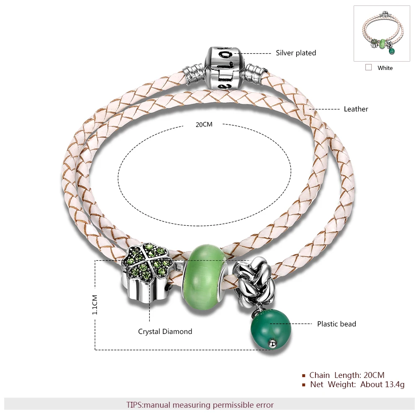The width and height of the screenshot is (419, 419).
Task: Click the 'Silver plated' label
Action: (x=295, y=53)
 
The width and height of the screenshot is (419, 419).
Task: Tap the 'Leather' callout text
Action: (x=356, y=109)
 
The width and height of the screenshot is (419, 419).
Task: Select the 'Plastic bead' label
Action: (x=336, y=324)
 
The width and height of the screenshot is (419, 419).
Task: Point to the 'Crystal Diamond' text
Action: (x=165, y=331)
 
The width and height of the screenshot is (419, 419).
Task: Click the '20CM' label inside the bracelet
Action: (x=204, y=124)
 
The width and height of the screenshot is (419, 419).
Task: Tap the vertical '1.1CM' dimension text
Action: (x=95, y=305)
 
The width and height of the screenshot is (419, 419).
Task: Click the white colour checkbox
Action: (x=368, y=67)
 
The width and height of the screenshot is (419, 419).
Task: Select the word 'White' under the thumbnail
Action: (x=385, y=68)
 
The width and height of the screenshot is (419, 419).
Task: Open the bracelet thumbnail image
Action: (x=381, y=34)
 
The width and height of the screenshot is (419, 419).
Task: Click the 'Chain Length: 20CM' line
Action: (x=347, y=375)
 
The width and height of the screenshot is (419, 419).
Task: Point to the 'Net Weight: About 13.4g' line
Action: (x=357, y=385)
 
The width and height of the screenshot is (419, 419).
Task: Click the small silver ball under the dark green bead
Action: (x=273, y=343)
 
